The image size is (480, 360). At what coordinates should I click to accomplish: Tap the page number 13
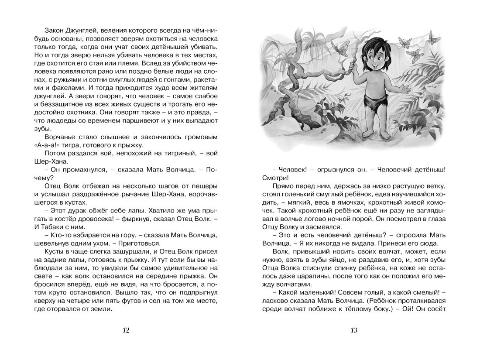354,330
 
